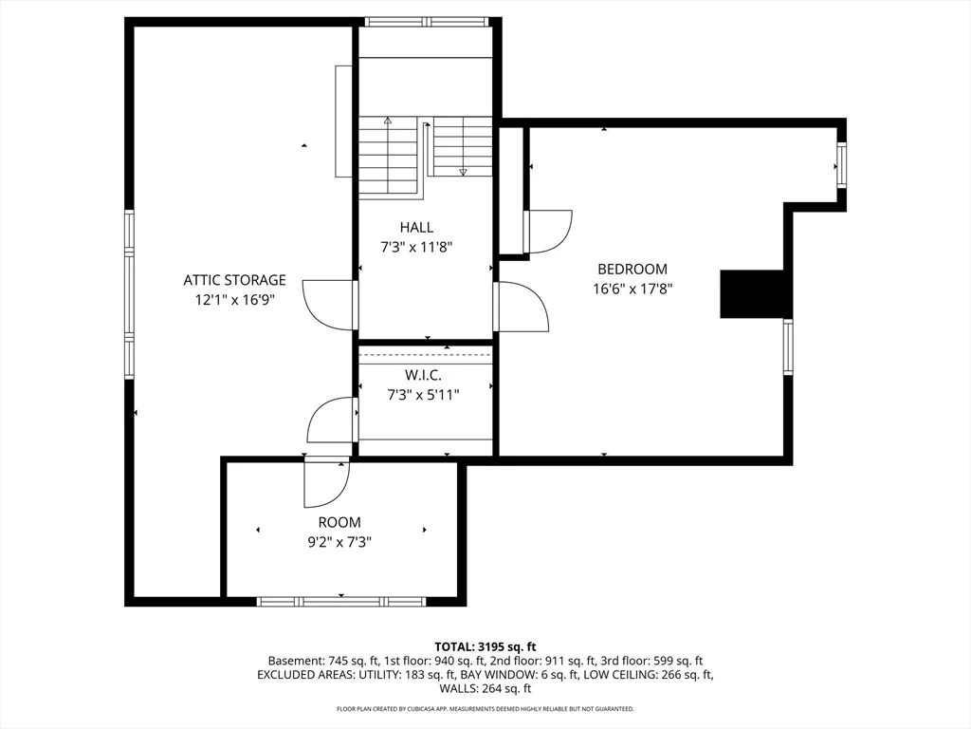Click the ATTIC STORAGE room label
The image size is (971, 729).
click(x=235, y=280)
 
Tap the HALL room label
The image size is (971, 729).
click(x=416, y=228)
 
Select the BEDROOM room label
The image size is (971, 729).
click(x=632, y=269)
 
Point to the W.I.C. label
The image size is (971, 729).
click(x=423, y=375)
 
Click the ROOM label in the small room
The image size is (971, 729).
click(x=339, y=523)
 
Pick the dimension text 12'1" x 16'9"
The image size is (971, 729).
click(x=235, y=300)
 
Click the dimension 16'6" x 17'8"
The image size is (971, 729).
click(x=632, y=289)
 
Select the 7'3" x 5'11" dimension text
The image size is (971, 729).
click(x=423, y=395)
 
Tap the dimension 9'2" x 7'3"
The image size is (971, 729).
click(x=339, y=542)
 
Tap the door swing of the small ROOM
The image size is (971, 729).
click(x=326, y=482)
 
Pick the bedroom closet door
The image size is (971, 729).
click(x=547, y=232)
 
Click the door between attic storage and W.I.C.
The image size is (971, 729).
click(x=333, y=420)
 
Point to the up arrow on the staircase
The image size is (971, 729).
click(x=388, y=121)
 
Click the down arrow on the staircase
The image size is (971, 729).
click(x=463, y=173)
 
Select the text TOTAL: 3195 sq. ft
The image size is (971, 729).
click(x=485, y=647)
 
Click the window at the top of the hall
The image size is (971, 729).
click(x=427, y=23)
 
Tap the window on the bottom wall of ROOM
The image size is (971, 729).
click(x=341, y=601)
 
